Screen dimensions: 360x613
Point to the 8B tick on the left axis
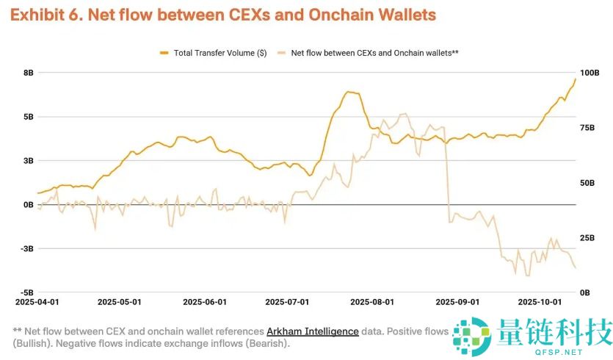coord(29,73)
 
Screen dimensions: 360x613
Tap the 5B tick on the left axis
coord(29,117)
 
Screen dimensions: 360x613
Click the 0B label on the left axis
coord(29,205)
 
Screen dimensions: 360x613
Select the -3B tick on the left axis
coord(27,249)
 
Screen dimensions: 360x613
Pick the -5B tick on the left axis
coord(27,293)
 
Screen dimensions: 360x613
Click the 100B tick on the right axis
coord(590,73)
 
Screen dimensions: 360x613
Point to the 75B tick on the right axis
coord(587,128)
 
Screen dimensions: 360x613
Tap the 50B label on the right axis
coord(587,183)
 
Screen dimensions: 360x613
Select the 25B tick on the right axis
coord(587,238)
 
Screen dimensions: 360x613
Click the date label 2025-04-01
coord(37,302)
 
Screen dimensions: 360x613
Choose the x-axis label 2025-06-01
coord(205,302)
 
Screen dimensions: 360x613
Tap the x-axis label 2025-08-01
coord(372,302)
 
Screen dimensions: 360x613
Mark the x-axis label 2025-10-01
coord(540,302)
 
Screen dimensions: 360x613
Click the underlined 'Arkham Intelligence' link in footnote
coord(313,331)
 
